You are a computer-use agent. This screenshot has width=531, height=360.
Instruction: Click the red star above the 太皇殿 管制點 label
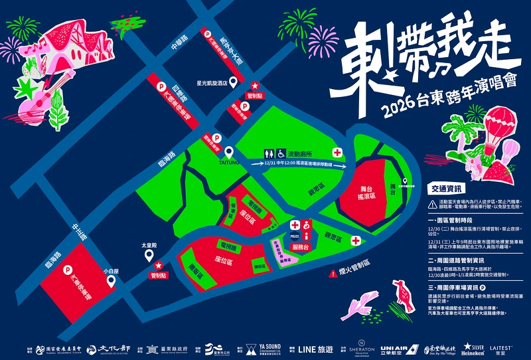[158, 266]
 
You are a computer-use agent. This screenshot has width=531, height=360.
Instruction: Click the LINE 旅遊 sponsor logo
[316, 348]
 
